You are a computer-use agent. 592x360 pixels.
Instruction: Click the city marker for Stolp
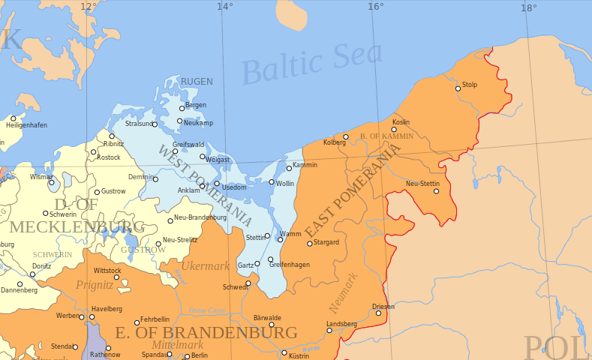click(x=458, y=88)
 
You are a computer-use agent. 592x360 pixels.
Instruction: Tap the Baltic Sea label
click(x=312, y=64)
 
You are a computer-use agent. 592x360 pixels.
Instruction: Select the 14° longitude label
click(x=224, y=7)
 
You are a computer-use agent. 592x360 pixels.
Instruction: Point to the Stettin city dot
click(x=267, y=235)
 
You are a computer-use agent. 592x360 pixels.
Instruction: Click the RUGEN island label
click(x=197, y=82)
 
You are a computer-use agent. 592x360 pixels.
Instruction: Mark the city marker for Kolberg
click(x=346, y=136)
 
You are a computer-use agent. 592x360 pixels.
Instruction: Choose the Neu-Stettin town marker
click(x=436, y=191)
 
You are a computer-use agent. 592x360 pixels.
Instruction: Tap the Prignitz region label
click(x=95, y=285)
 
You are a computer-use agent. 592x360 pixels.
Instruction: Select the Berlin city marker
click(x=187, y=356)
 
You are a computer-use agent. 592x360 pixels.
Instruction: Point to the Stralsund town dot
click(x=155, y=124)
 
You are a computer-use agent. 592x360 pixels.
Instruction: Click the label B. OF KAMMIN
click(x=386, y=136)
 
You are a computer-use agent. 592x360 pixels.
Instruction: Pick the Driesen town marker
click(x=378, y=313)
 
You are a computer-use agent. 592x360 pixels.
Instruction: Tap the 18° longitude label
click(x=528, y=7)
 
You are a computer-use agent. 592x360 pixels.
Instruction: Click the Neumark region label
click(x=344, y=293)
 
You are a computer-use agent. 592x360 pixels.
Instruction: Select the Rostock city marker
click(x=94, y=152)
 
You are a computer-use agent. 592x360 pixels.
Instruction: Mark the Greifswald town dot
click(x=176, y=151)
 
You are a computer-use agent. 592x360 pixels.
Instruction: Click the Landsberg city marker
click(x=329, y=330)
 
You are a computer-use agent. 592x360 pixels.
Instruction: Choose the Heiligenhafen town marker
click(x=13, y=118)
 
